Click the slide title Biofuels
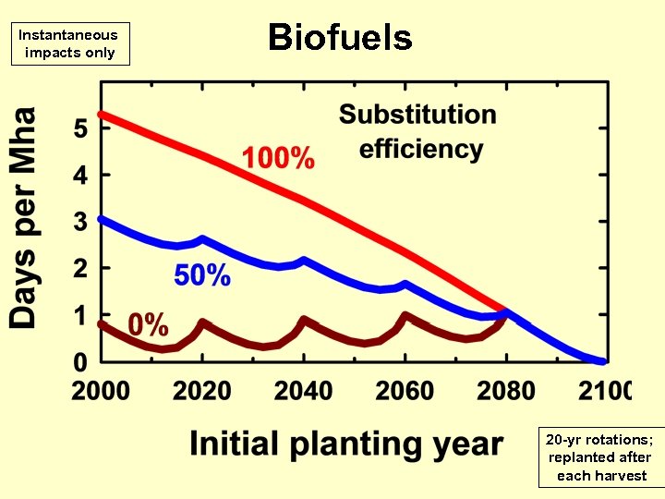click(x=340, y=38)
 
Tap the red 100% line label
click(x=278, y=158)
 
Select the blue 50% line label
click(x=202, y=274)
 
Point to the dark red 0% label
click(x=148, y=324)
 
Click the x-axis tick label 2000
click(x=102, y=390)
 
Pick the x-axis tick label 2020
click(x=202, y=390)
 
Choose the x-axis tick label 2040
click(x=304, y=390)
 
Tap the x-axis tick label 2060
click(x=405, y=390)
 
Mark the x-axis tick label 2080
click(x=506, y=390)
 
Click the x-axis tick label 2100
click(x=605, y=390)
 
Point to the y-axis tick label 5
click(x=80, y=128)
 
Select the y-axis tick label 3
click(x=80, y=222)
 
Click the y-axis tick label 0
click(x=80, y=361)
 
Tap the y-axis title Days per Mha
click(x=24, y=218)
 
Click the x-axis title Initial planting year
click(x=346, y=444)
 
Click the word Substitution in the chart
click(x=417, y=115)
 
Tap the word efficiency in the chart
click(x=421, y=149)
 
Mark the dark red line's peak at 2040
click(x=304, y=319)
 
